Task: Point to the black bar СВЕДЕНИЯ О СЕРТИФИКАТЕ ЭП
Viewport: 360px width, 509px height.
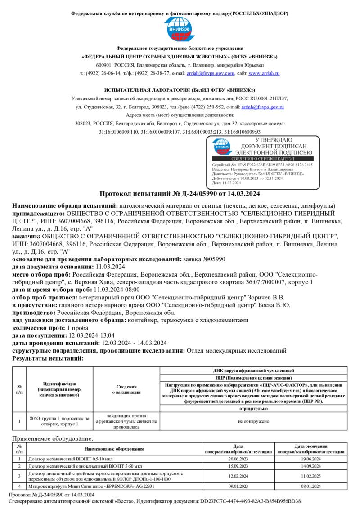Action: [262, 159]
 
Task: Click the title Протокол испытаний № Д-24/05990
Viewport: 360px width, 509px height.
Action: [180, 194]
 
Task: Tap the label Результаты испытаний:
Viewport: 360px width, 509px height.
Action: [48, 358]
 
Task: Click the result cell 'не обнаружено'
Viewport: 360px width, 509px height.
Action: [253, 421]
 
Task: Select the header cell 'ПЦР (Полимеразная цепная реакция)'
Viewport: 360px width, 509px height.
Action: [253, 378]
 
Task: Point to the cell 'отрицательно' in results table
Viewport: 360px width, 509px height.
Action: [253, 408]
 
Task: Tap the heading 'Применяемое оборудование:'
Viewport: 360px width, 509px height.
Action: [53, 438]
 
